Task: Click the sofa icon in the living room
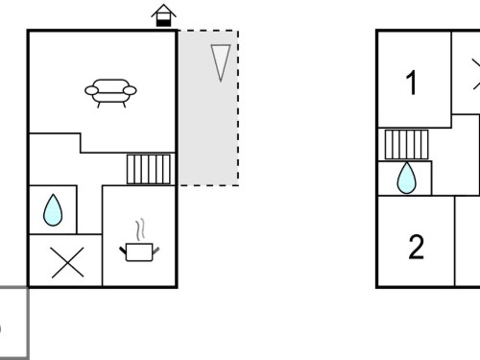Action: pos(110,93)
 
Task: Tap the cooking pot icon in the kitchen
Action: pos(139,252)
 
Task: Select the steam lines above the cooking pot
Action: pos(140,229)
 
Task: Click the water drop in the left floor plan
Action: pos(53,210)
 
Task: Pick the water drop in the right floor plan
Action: pos(406,178)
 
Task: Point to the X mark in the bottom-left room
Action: pos(67,262)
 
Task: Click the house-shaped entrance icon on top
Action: pos(163,15)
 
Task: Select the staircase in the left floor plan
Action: pos(149,169)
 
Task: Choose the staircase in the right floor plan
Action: pos(406,144)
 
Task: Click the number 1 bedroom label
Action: pos(411,83)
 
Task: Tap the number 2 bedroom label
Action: pos(417,247)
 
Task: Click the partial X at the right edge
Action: pos(477,74)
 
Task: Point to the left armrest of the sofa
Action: pos(91,90)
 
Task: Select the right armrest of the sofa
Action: pos(130,90)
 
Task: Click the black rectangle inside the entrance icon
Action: pos(163,23)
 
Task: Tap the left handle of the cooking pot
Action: pos(123,251)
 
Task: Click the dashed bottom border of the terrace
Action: pos(208,185)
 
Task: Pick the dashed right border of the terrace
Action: pos(238,108)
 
